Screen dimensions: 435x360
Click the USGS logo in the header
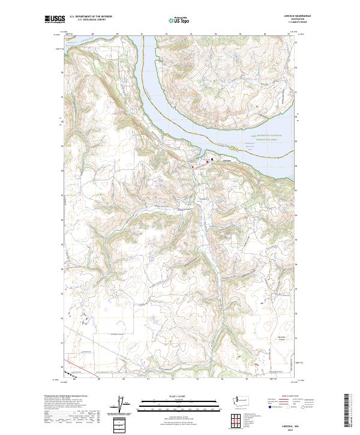pos(55,20)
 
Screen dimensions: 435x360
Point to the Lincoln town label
pos(226,160)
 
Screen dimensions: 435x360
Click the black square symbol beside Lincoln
pos(212,159)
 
